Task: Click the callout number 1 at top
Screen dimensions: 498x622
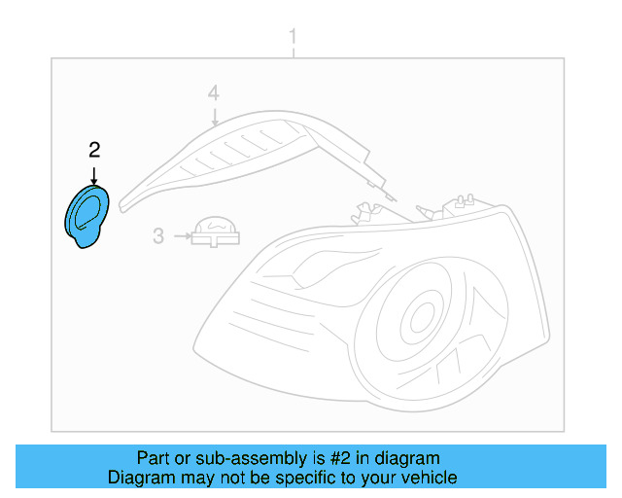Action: coord(293,38)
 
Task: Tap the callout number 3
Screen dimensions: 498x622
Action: coord(158,234)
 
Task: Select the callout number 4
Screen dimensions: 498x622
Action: coord(214,93)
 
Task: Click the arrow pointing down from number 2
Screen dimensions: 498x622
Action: coord(94,174)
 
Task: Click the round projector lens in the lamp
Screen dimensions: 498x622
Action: coord(419,316)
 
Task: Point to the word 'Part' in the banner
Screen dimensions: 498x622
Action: coord(154,458)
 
